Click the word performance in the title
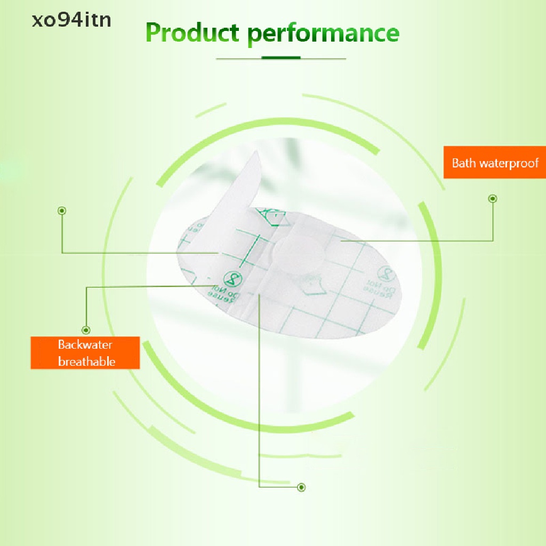pyautogui.click(x=323, y=33)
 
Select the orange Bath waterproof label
pyautogui.click(x=494, y=163)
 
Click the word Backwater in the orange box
pyautogui.click(x=85, y=344)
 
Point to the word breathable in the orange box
pyautogui.click(x=86, y=362)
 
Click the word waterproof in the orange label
pyautogui.click(x=509, y=163)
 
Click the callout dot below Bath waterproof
pyautogui.click(x=493, y=199)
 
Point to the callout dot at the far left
pyautogui.click(x=62, y=211)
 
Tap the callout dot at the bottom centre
pyautogui.click(x=302, y=487)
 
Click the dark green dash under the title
pyautogui.click(x=281, y=58)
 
